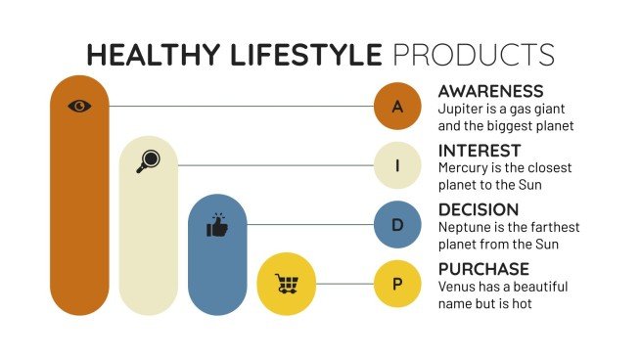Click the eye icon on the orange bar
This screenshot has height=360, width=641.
coord(79,106)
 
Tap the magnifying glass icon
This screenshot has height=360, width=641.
coord(148,162)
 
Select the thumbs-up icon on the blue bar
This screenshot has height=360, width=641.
coord(216,226)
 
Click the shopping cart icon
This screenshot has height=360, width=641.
coord(286,284)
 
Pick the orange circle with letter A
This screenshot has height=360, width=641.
coord(397,107)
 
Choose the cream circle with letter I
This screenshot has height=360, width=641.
coord(397,166)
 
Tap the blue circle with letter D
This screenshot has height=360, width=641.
coord(397,225)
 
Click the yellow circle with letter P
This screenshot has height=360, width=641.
coord(397,284)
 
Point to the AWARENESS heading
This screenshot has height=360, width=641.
coord(490,92)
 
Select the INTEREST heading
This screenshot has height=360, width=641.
coord(479,151)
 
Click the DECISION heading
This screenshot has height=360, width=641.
coord(479,209)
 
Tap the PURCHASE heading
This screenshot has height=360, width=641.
coord(483,269)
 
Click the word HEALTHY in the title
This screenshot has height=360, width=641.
coord(143,54)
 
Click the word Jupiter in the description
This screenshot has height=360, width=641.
coord(462,109)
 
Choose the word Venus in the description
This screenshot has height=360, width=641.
coord(458,287)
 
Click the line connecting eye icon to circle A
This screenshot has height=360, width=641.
coord(240,106)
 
